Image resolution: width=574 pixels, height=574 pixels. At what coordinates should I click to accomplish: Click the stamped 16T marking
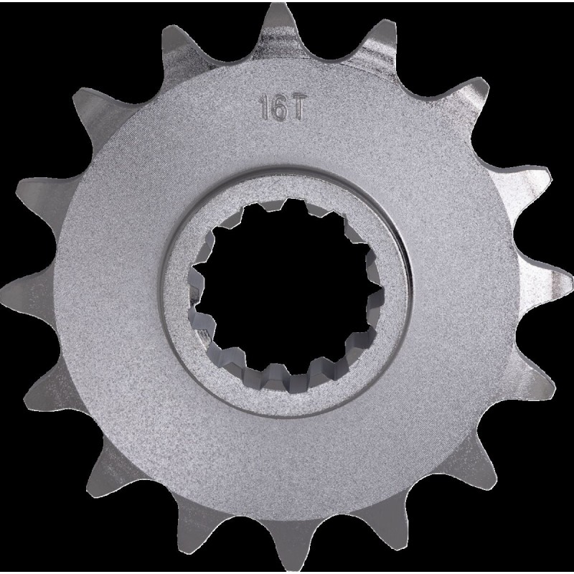tap(281, 108)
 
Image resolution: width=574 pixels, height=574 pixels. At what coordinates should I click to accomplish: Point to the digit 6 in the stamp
tap(279, 108)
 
